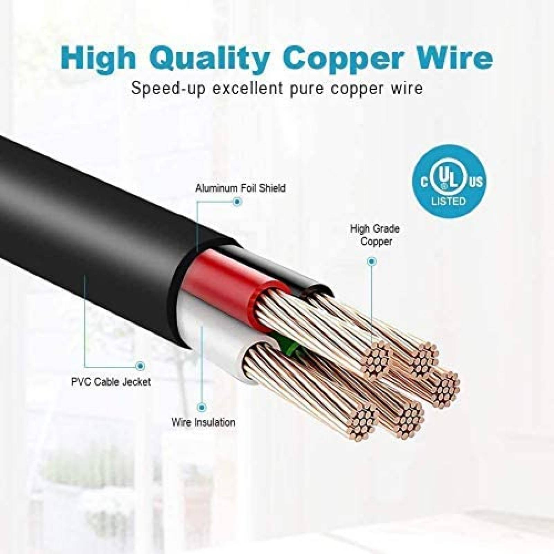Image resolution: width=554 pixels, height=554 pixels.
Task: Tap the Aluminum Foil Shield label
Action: click(x=240, y=188)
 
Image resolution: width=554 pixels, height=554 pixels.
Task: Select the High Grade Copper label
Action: click(x=375, y=235)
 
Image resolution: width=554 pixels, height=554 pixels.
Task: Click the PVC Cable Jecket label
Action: click(x=111, y=382)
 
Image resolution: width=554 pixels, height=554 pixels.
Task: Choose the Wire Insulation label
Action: click(x=203, y=422)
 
